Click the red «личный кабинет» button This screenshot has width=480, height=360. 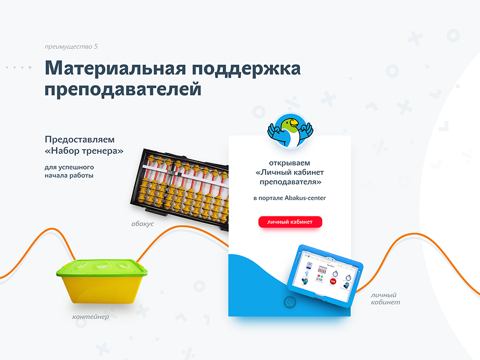[x=290, y=222]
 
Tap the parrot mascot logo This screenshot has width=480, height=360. [x=290, y=130]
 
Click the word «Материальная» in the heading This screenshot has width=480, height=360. [x=115, y=68]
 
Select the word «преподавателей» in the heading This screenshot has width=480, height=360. [x=123, y=90]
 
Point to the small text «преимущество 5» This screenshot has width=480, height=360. [x=71, y=47]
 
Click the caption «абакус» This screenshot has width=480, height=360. [x=143, y=224]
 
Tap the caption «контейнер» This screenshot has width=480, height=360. [x=91, y=317]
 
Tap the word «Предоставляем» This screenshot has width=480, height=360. [x=79, y=139]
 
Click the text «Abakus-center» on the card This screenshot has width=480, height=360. [x=305, y=198]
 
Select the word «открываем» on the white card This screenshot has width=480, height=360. [x=290, y=163]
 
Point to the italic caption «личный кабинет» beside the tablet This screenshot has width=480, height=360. [x=385, y=299]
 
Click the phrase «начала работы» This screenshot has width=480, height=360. [x=69, y=176]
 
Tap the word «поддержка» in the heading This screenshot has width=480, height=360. [x=247, y=69]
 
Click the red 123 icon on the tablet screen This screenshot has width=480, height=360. [x=333, y=282]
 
